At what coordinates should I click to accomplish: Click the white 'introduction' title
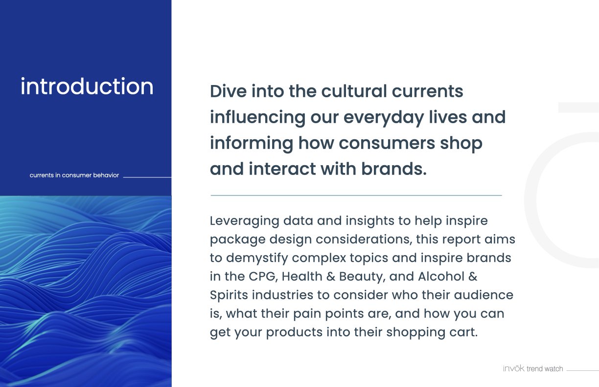click(87, 86)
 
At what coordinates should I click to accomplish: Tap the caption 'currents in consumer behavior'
click(74, 175)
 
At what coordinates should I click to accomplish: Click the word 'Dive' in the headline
click(229, 91)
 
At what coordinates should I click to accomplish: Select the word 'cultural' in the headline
click(354, 91)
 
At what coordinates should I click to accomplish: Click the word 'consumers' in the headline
click(387, 144)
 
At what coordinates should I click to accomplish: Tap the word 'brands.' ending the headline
click(394, 169)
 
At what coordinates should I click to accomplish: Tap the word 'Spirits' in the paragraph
click(229, 296)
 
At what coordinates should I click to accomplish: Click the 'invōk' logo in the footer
click(514, 368)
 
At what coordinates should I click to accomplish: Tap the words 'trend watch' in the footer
click(545, 369)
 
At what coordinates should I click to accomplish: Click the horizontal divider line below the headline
click(356, 195)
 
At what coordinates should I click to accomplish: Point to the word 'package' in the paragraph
click(238, 240)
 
